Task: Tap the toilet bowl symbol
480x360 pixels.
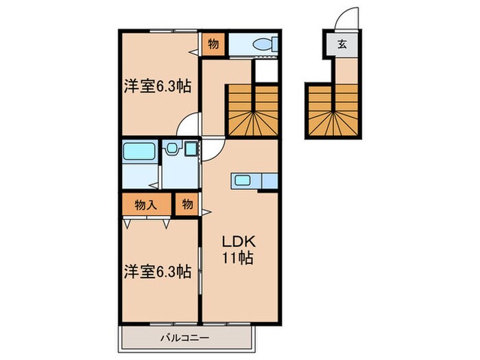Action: tap(264, 44)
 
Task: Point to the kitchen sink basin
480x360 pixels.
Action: tap(244, 181)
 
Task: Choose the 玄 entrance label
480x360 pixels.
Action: tap(341, 45)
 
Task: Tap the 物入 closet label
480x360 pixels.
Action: tap(146, 204)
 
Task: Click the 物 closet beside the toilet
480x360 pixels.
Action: tap(213, 45)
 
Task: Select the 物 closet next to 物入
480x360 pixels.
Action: tap(187, 204)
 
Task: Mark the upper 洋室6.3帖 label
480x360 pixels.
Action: tap(156, 88)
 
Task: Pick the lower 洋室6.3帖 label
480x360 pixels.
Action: tap(156, 272)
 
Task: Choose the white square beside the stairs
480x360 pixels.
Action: tap(266, 71)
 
